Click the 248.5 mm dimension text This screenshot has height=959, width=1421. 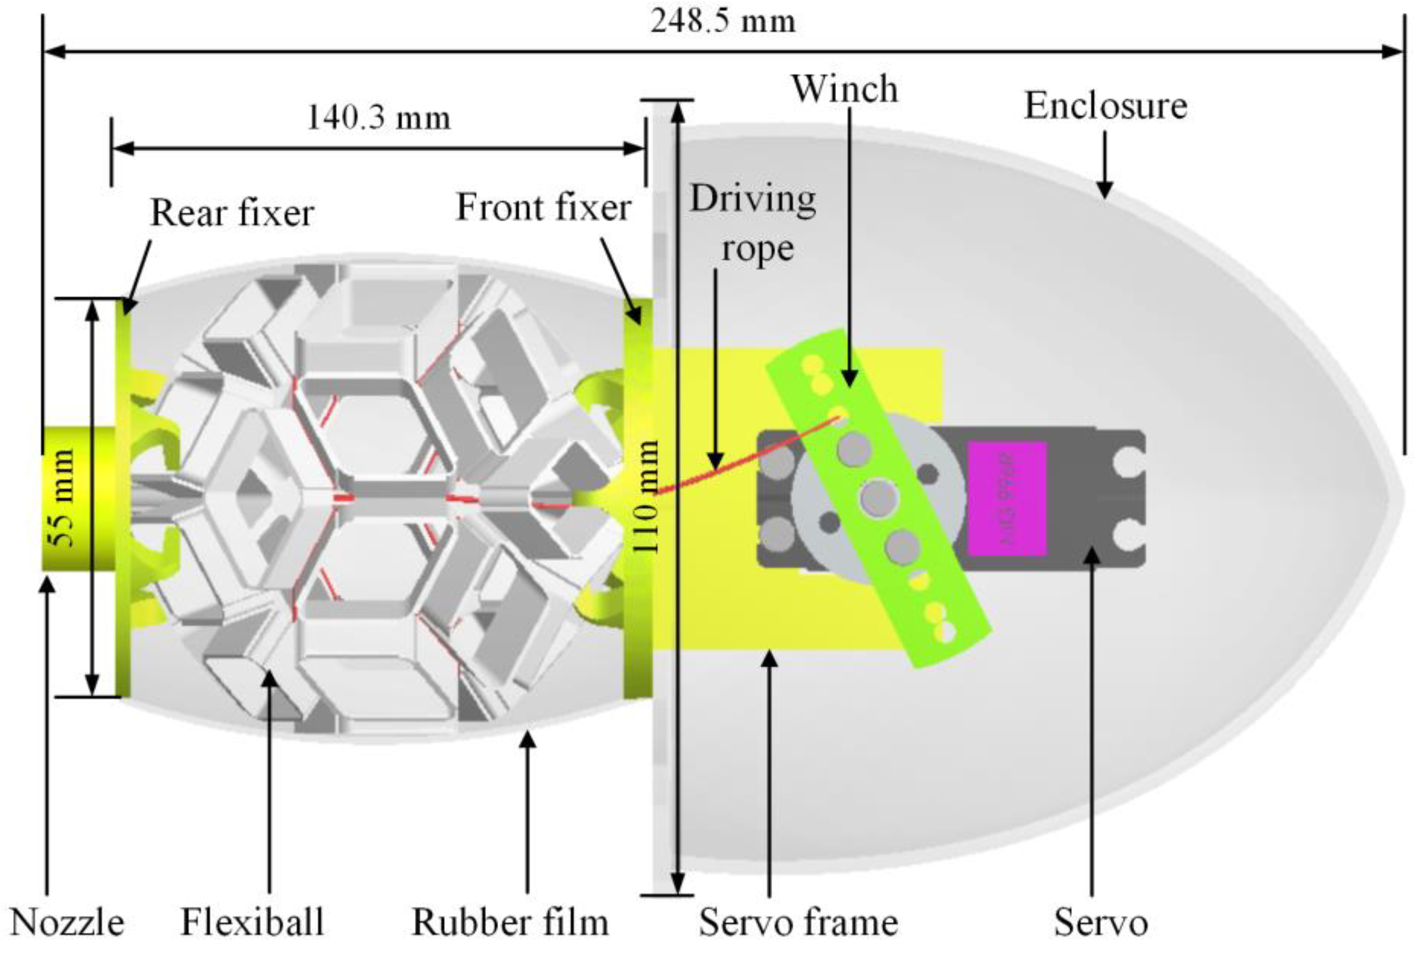[x=723, y=22]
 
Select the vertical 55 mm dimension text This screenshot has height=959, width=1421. [x=62, y=498]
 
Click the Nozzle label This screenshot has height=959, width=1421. [x=67, y=923]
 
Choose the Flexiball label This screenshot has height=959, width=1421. [x=252, y=923]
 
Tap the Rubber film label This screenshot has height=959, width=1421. [x=510, y=923]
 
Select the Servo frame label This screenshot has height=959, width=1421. [x=798, y=923]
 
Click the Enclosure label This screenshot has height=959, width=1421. [x=1105, y=106]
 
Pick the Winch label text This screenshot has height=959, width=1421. [x=845, y=89]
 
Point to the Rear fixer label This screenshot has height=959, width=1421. [x=232, y=214]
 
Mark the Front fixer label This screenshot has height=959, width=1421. [x=543, y=208]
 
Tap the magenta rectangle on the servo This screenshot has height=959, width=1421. [x=1007, y=498]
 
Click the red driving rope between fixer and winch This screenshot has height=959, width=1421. [x=734, y=465]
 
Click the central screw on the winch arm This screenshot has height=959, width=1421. [x=878, y=497]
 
